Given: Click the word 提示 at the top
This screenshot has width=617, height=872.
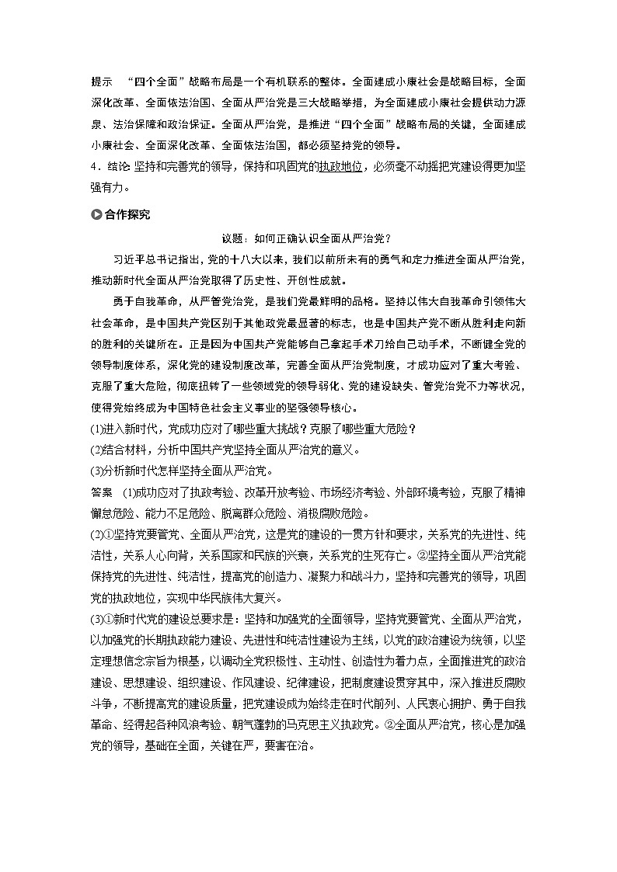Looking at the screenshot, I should click(102, 81).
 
